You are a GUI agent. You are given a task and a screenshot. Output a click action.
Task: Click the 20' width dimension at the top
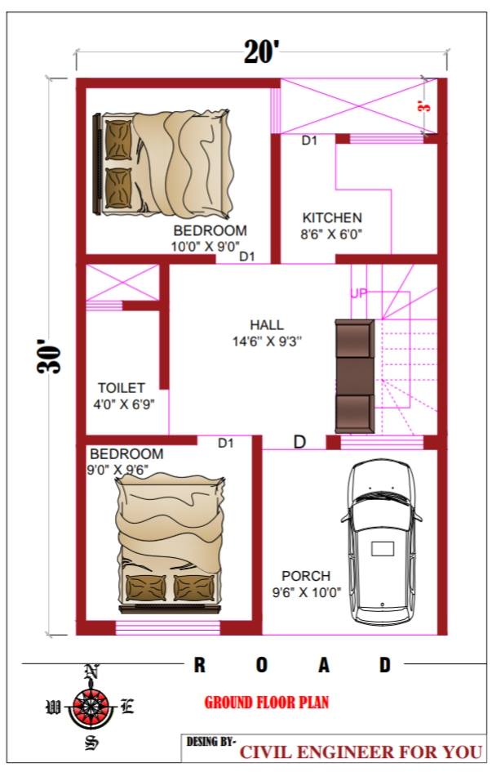tap(261, 51)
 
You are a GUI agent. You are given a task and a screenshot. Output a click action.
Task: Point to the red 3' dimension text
tap(424, 106)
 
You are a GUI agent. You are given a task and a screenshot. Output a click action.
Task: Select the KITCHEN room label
tap(332, 217)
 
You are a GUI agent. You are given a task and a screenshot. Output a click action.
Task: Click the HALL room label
tap(267, 325)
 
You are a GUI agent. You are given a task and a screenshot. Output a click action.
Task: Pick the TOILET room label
tap(122, 388)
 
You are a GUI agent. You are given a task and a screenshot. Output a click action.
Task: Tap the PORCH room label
tap(306, 576)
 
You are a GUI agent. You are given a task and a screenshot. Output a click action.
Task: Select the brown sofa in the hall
tap(355, 377)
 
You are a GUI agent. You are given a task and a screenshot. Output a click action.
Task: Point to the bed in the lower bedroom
tap(170, 545)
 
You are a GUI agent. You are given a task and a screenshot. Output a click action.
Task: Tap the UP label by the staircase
tap(359, 293)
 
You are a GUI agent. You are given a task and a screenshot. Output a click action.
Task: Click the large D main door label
tap(299, 442)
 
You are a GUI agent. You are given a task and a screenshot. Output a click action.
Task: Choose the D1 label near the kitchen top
tap(309, 141)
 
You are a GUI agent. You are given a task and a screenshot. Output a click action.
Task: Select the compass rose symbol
tap(90, 707)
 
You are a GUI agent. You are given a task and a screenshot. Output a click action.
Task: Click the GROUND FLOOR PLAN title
tap(266, 702)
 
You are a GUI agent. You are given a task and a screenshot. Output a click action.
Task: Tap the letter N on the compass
tap(91, 671)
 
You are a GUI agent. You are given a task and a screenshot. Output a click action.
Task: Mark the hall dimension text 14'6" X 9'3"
tap(267, 341)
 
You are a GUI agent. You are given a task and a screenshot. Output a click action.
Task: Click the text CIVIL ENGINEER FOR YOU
tap(361, 752)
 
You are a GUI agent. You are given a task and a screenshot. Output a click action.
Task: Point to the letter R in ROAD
tap(199, 665)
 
